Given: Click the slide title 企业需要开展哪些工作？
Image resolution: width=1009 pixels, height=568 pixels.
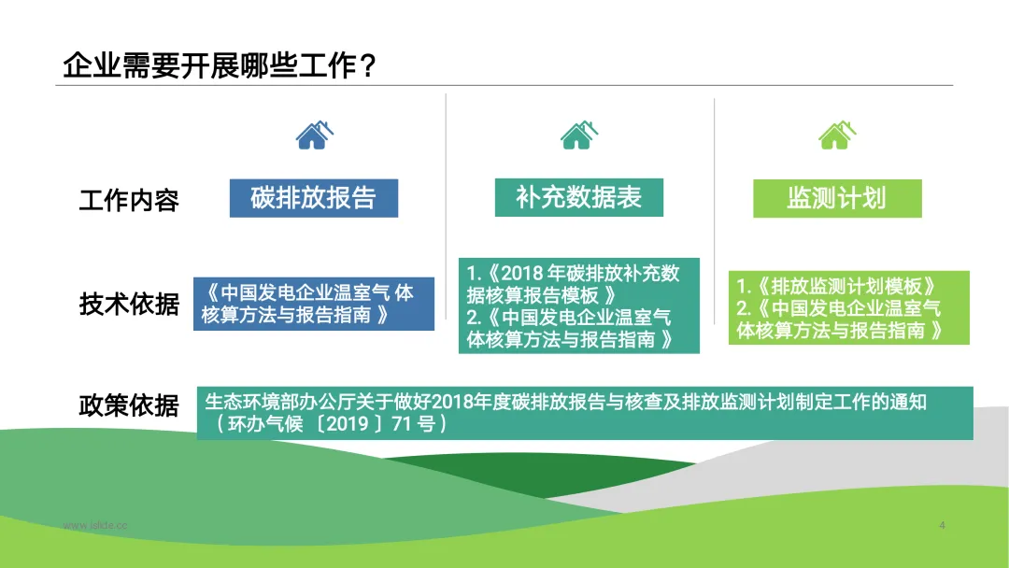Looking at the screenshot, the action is point(218,65).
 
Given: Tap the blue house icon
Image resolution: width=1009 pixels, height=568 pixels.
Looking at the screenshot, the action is point(314,135).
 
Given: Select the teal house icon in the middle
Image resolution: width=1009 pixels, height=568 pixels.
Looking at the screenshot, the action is point(579,135).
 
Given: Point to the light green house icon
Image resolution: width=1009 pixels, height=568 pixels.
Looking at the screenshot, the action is point(837,135).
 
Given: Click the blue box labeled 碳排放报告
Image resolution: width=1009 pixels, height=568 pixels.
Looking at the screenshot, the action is point(314,198).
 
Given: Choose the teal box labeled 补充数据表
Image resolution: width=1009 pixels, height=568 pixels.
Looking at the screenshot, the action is point(579,197).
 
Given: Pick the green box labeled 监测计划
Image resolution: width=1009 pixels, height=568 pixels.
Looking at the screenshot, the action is point(837,199).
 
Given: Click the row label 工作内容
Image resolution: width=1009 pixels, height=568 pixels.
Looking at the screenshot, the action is point(129,200).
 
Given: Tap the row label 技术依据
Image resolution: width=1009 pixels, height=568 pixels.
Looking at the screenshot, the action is point(129,304).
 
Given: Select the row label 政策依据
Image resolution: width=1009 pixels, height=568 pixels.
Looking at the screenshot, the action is point(129,405).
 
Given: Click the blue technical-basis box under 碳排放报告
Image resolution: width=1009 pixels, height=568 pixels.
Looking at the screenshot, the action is point(314,304).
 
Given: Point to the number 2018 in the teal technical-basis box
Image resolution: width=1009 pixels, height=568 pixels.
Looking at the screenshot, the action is point(522,274).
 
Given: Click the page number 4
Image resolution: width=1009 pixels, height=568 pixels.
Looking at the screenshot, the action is point(942,525).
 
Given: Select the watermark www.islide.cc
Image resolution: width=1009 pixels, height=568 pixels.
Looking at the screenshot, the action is point(95,526).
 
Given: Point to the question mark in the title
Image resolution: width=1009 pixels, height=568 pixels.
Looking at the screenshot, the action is point(368,65).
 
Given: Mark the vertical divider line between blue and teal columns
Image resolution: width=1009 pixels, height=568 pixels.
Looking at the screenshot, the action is point(446,206).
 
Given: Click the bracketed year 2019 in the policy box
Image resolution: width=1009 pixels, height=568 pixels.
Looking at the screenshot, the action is point(348,424).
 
